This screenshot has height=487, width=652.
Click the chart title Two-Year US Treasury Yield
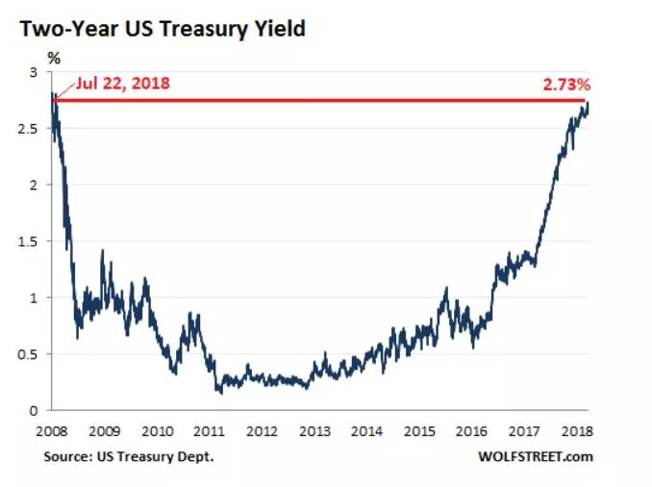[161, 29]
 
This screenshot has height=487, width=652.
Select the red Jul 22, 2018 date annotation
[115, 84]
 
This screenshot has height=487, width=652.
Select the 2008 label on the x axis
[52, 430]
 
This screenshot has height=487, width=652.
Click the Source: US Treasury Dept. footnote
[128, 456]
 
